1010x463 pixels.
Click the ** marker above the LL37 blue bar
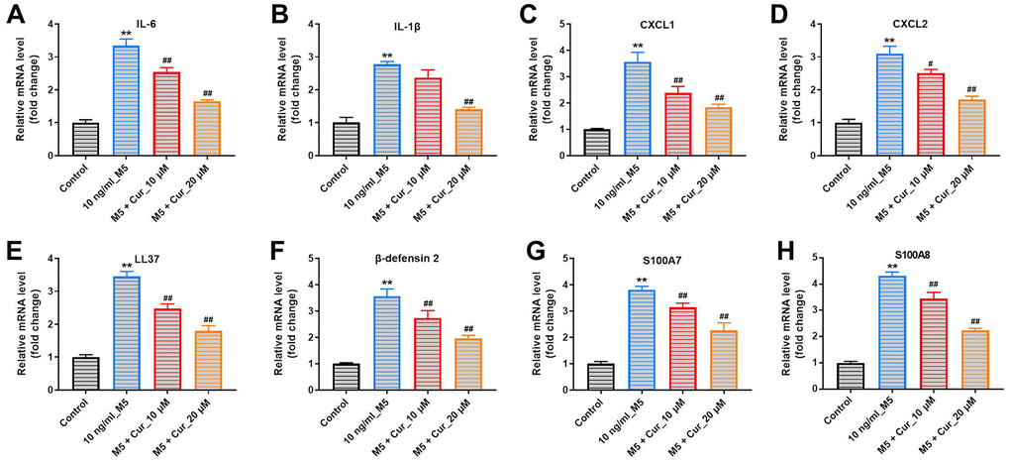click(x=125, y=266)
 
